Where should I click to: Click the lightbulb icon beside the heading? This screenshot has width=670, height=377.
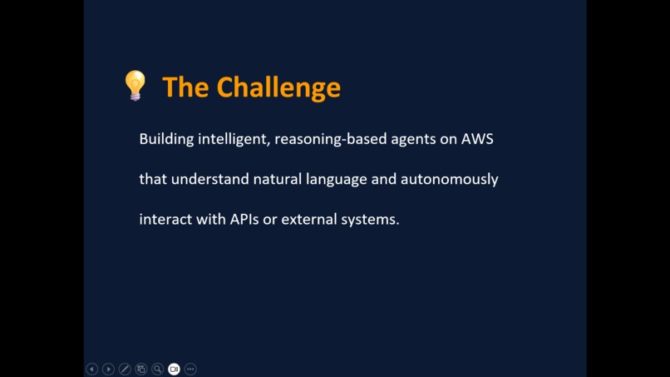tap(135, 86)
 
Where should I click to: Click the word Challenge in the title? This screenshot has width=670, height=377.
tap(278, 87)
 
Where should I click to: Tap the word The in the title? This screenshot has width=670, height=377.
tap(185, 87)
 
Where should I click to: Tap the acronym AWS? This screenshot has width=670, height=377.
tap(477, 139)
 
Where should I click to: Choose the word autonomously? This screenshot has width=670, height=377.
tap(450, 180)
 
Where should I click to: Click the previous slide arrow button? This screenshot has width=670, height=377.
tap(92, 369)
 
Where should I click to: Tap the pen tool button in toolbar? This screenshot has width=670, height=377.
tap(125, 369)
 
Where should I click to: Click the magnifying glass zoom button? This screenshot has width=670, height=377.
tap(157, 369)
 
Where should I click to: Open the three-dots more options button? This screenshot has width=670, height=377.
tap(190, 369)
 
